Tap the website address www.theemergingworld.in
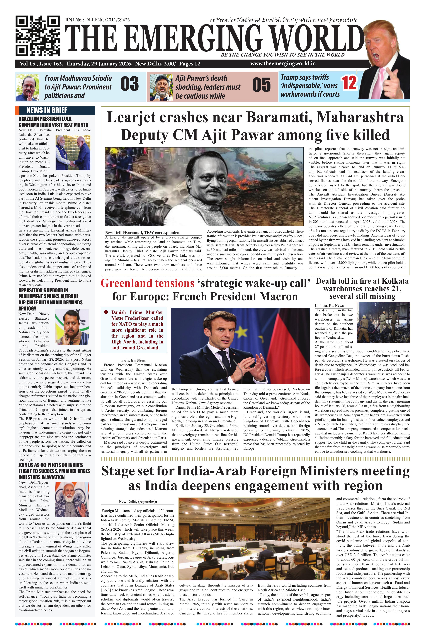283,63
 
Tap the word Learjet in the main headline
131,117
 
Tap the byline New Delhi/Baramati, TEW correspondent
143,232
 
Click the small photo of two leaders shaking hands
73,153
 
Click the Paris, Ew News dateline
134,360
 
